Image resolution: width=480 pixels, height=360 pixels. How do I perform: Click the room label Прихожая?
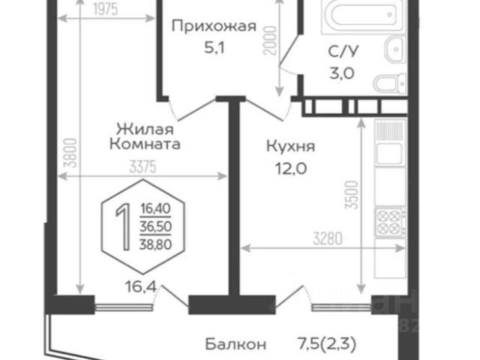click(214, 28)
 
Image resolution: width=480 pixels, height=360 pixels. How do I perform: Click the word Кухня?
click(288, 147)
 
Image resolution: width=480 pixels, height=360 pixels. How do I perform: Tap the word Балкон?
click(235, 344)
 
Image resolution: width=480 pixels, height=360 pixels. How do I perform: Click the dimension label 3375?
click(140, 168)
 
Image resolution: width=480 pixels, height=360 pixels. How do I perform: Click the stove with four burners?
click(391, 220)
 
